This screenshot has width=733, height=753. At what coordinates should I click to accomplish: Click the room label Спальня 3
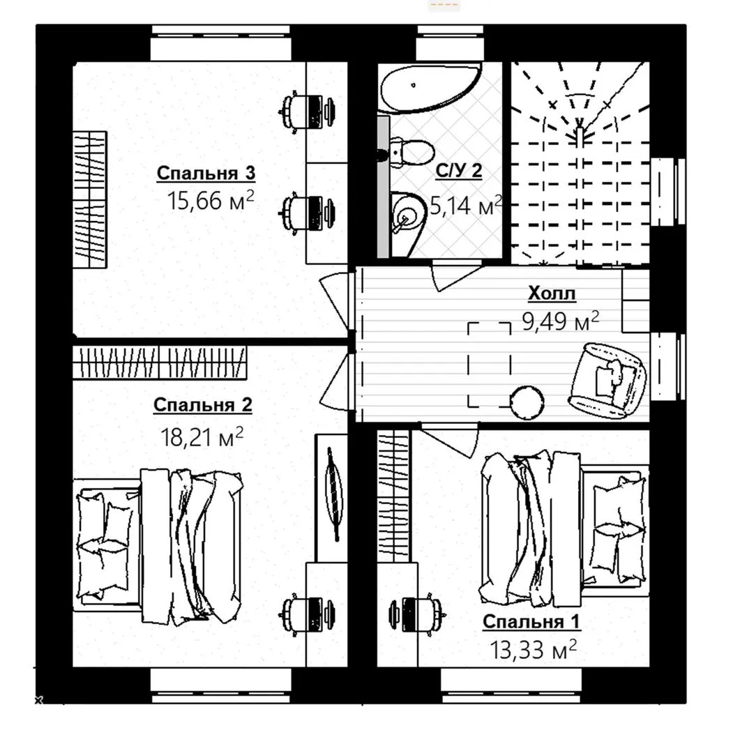[206, 173]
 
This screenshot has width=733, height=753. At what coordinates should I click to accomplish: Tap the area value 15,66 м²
[211, 200]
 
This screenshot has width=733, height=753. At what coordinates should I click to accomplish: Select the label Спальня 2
[203, 405]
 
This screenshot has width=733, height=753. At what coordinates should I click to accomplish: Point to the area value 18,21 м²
[202, 436]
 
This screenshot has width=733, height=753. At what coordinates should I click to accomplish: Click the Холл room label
[552, 292]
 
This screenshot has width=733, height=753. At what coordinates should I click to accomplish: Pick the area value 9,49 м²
[561, 321]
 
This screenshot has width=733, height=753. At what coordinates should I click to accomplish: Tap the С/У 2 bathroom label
[458, 171]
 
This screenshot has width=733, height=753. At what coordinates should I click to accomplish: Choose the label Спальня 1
[531, 621]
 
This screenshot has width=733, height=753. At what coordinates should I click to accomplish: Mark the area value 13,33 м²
[533, 650]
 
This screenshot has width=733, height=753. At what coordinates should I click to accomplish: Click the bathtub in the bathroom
[430, 88]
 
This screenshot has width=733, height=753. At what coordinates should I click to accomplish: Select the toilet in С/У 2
[409, 152]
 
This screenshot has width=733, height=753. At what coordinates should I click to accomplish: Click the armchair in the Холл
[607, 381]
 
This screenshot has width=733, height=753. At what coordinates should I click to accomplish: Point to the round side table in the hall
[527, 402]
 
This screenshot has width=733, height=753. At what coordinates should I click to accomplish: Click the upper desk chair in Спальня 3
[306, 112]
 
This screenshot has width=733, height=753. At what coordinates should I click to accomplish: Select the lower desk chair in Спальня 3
[306, 213]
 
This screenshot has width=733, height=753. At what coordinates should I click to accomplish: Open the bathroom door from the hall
[459, 276]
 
